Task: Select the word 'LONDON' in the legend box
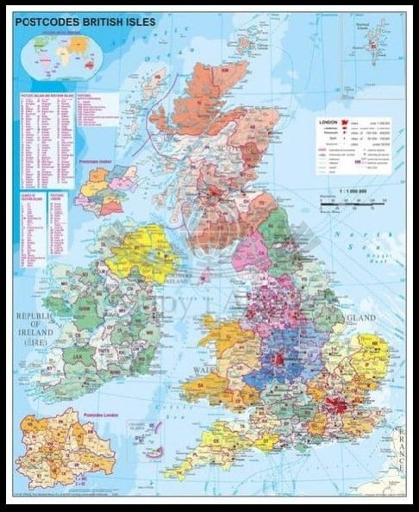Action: pyautogui.click(x=328, y=122)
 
